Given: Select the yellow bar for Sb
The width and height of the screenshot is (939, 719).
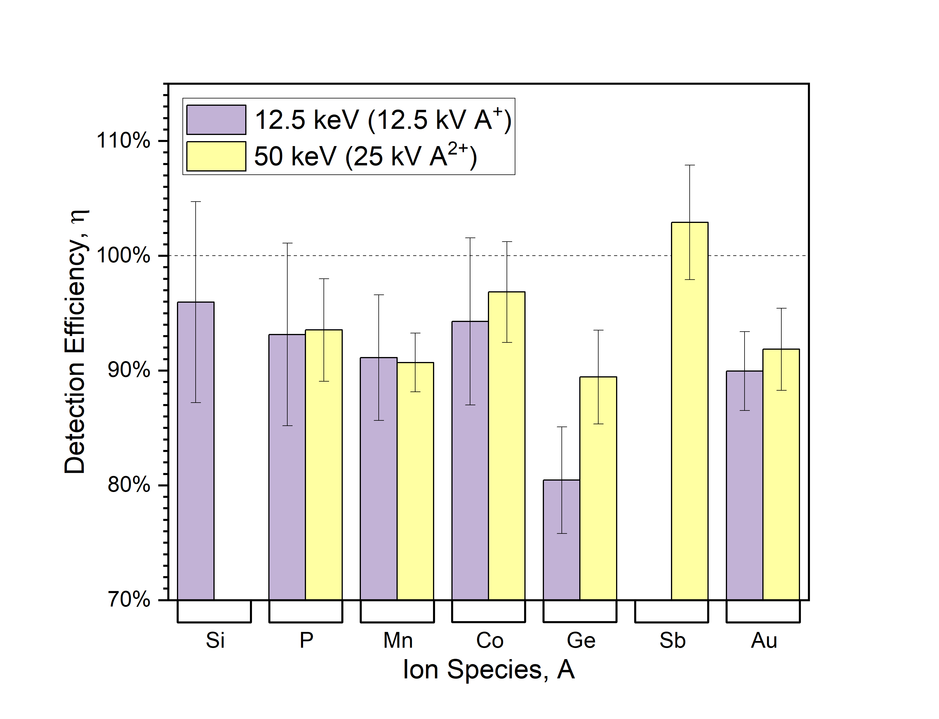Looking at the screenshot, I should tap(689, 411).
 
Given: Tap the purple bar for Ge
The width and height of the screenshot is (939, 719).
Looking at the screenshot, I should tap(561, 540).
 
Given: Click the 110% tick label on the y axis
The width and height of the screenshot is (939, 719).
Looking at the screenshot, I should tap(124, 140).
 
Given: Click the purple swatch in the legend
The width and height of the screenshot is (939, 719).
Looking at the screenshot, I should tap(216, 120).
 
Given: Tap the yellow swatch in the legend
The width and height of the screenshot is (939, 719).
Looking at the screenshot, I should tap(216, 156).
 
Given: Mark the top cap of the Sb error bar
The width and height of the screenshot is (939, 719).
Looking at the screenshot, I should tap(690, 165).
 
